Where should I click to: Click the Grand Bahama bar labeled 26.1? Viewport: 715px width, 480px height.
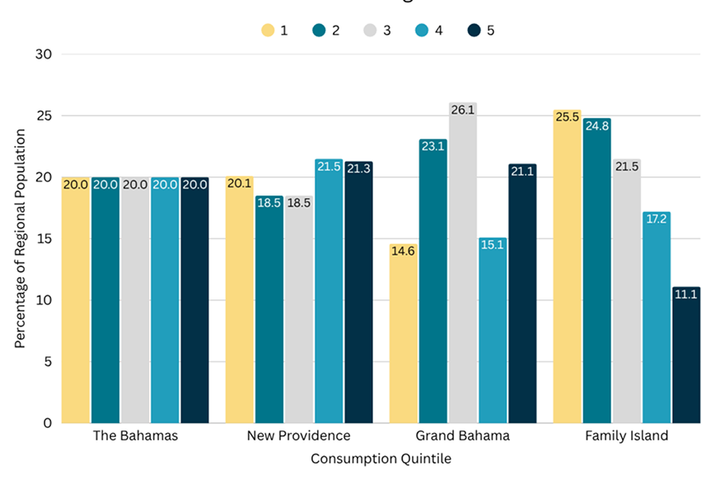(463, 264)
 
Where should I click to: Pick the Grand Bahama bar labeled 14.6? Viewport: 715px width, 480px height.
(404, 333)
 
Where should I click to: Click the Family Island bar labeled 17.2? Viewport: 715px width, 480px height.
(657, 318)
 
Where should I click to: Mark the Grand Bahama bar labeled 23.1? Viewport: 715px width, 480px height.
(433, 281)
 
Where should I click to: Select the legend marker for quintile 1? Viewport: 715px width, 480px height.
(269, 31)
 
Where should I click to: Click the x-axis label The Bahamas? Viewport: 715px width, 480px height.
(135, 435)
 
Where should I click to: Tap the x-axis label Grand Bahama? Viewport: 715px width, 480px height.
(463, 435)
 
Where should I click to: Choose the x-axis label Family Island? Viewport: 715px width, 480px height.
(627, 435)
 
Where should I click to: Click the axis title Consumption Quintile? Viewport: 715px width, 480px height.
(381, 459)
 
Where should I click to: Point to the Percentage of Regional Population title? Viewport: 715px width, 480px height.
(20, 238)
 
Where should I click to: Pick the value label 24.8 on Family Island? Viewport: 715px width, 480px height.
(597, 125)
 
